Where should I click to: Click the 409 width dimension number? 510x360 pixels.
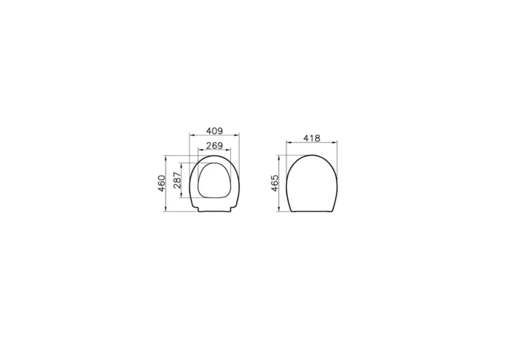[x=214, y=130]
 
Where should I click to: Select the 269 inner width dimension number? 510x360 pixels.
[x=214, y=145]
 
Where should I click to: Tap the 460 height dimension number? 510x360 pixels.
[x=162, y=184]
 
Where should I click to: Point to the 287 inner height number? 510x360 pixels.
[x=177, y=181]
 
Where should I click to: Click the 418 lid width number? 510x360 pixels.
[x=312, y=138]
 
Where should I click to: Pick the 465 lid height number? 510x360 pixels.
[x=275, y=183]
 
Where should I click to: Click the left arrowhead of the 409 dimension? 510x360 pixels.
[x=192, y=135]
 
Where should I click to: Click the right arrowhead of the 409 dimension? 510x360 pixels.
[x=237, y=135]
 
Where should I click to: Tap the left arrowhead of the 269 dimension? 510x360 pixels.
[x=200, y=149]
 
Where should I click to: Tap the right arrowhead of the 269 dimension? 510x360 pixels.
[x=228, y=149]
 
